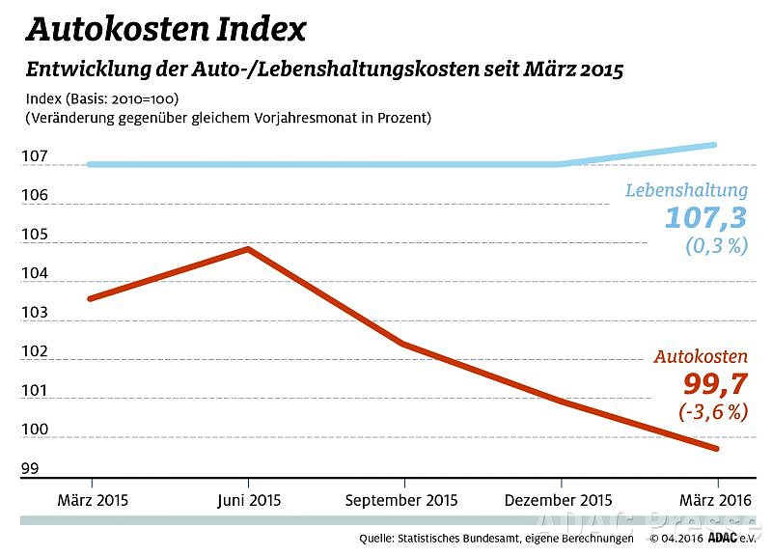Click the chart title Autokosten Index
(x=165, y=29)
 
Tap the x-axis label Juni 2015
(x=248, y=500)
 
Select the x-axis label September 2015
(x=401, y=500)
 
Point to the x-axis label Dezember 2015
(x=559, y=500)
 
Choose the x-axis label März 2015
(x=93, y=500)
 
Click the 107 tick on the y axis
(x=34, y=156)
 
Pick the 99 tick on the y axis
(x=30, y=469)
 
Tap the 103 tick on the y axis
(x=34, y=313)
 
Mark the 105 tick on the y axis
(x=34, y=235)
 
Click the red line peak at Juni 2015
(x=249, y=249)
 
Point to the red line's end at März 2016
(x=717, y=449)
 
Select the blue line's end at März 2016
(x=715, y=145)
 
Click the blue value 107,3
(x=705, y=216)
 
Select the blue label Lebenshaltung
(x=686, y=190)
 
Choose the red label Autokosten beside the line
(x=701, y=356)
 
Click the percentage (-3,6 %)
(x=713, y=412)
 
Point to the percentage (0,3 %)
(x=717, y=245)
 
